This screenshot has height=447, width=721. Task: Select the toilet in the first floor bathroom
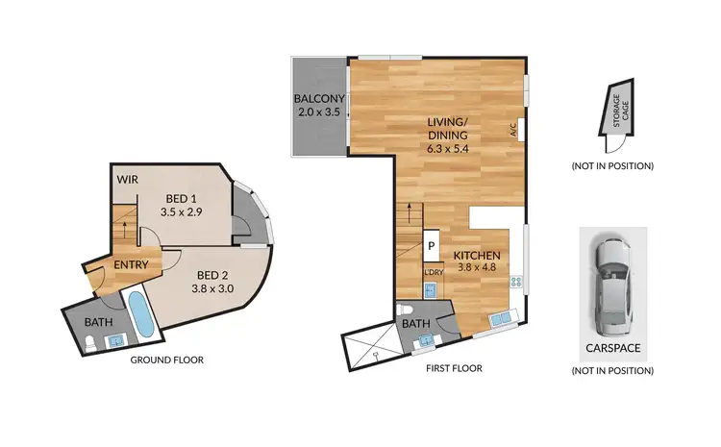click(408, 310)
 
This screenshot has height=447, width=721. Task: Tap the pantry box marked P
click(432, 246)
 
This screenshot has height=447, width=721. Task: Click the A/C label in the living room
click(515, 128)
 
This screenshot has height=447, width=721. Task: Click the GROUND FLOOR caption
click(166, 360)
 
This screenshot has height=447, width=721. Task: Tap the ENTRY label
click(131, 264)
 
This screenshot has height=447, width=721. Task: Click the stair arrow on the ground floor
click(125, 228)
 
